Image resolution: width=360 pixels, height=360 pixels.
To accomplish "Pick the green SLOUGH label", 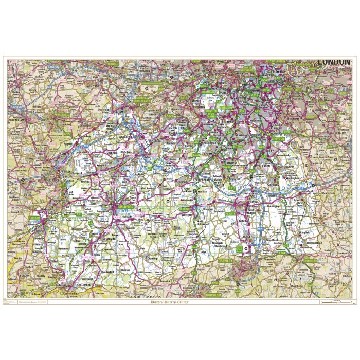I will point(114,64).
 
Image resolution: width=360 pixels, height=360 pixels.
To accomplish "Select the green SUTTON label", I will point(237,146).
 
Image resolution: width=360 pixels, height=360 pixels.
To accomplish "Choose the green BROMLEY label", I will point(311,117).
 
